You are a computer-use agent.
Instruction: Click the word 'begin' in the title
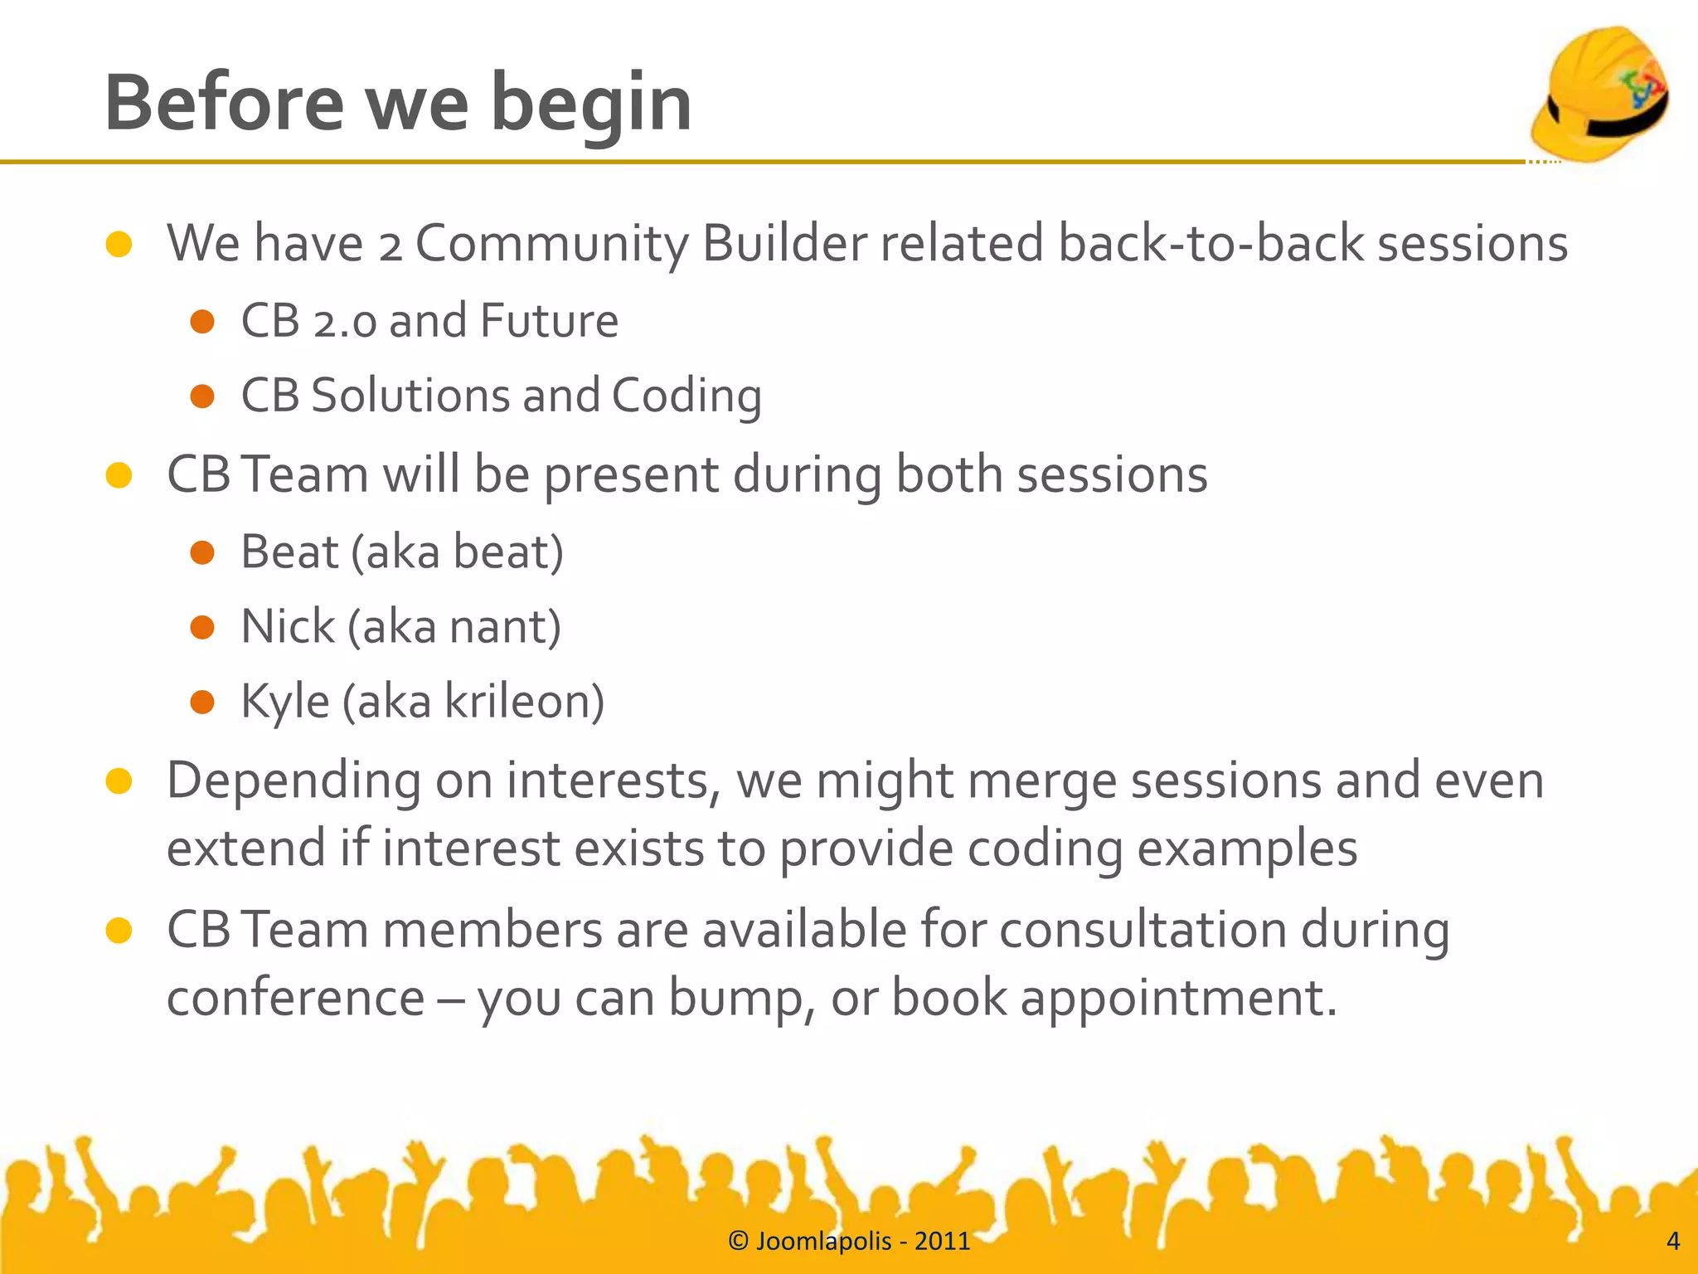click(x=590, y=104)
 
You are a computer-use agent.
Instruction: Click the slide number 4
click(x=1672, y=1241)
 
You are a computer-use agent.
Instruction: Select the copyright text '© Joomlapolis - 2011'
click(x=848, y=1241)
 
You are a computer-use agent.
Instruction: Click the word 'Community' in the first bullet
click(x=551, y=244)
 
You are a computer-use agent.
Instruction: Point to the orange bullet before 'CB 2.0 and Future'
click(x=202, y=322)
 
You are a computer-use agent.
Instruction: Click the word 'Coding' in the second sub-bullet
click(x=686, y=396)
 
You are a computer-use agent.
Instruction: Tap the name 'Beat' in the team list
click(x=289, y=552)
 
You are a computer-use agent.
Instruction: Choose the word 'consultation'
click(x=1143, y=929)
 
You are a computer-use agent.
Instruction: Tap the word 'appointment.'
click(x=1178, y=998)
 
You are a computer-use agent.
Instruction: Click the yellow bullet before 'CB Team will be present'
click(x=119, y=475)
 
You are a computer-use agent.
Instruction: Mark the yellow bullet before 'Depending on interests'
click(x=119, y=781)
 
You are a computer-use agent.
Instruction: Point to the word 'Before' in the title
click(x=224, y=104)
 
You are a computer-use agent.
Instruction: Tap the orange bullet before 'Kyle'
click(x=202, y=703)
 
